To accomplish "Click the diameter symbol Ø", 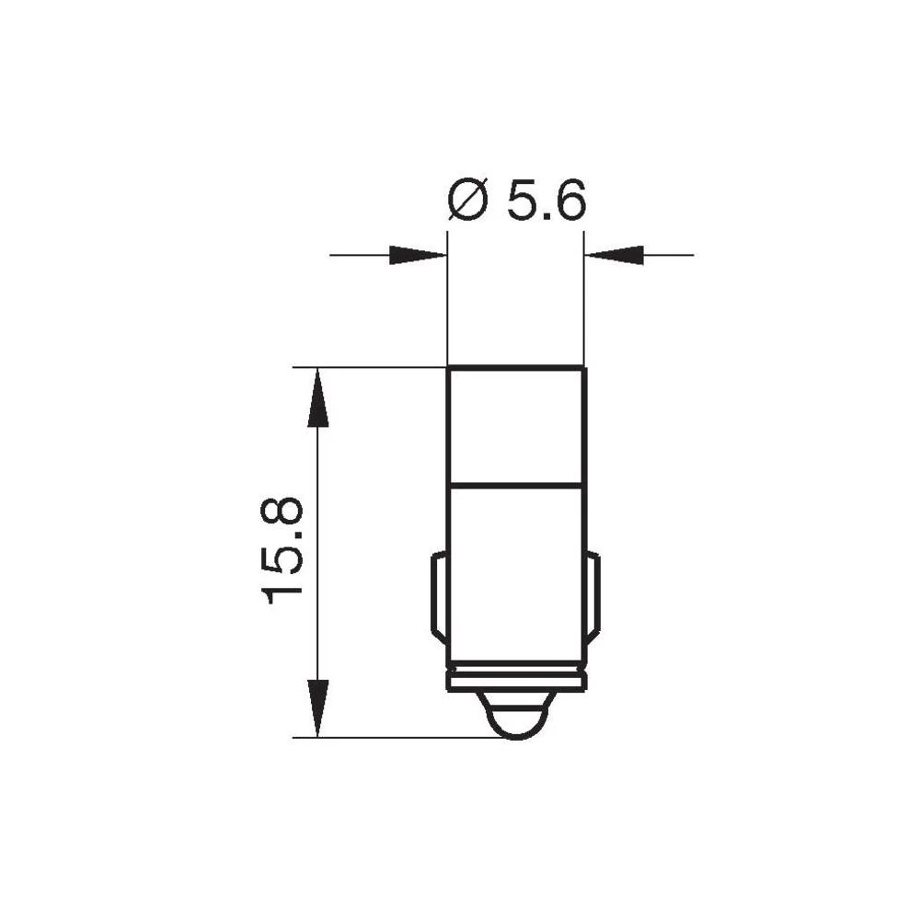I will pos(467,201).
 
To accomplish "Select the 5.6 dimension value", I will pos(546,201).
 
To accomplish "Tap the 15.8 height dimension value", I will pos(283,549).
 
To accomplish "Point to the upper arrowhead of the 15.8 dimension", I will pos(317,397).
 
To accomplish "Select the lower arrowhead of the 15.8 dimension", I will pos(317,707).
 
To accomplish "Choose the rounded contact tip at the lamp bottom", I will pos(515,718).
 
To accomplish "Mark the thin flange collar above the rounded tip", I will pos(515,681).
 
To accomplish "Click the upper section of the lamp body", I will pos(515,425).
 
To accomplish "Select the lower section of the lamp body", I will pos(515,570).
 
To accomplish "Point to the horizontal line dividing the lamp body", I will pos(515,483).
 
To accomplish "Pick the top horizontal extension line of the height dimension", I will pos(368,367).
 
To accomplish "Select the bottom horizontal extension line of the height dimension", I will pos(386,737).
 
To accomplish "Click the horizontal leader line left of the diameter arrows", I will pos(359,255).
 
